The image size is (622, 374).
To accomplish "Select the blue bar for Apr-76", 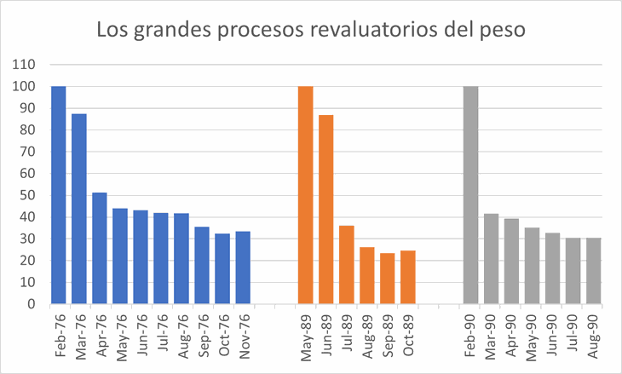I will (100, 248).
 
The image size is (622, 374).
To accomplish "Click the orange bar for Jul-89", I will (347, 264).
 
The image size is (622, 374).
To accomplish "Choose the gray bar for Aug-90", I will (593, 270).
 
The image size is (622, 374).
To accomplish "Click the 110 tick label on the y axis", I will (23, 65).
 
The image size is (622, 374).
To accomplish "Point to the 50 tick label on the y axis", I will (26, 195).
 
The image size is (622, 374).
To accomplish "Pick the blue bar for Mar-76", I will (79, 208).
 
